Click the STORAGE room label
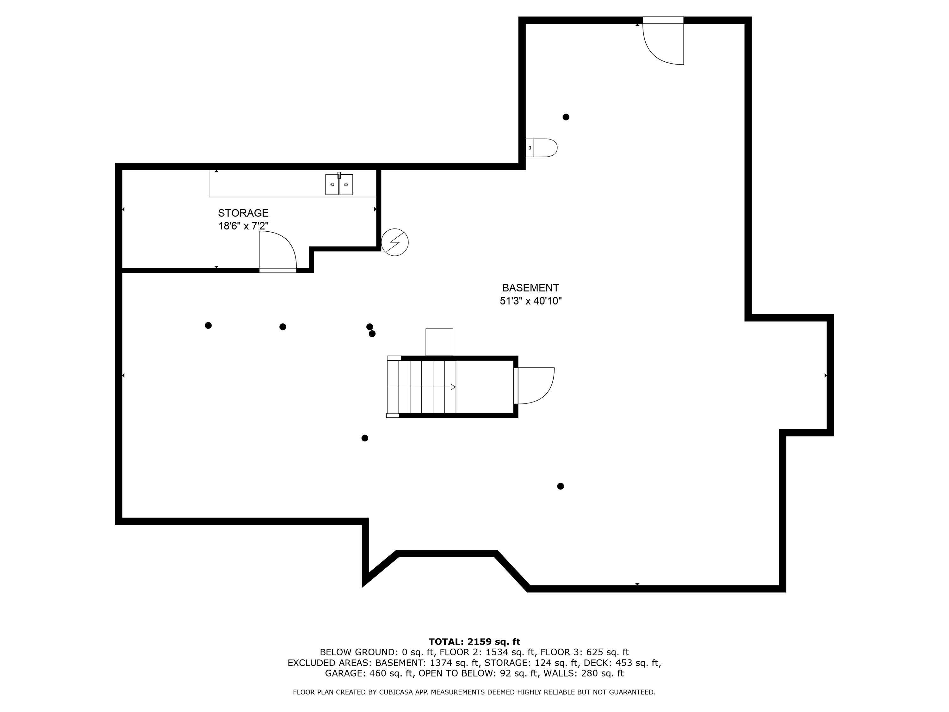(243, 213)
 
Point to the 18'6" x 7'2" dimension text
(243, 226)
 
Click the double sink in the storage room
(338, 184)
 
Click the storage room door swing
(277, 251)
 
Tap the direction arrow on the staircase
(453, 387)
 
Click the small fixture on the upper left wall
(542, 148)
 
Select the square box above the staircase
(439, 342)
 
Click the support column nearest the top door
(566, 117)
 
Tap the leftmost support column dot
(208, 325)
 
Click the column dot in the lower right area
(560, 486)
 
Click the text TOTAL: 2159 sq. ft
(474, 642)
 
